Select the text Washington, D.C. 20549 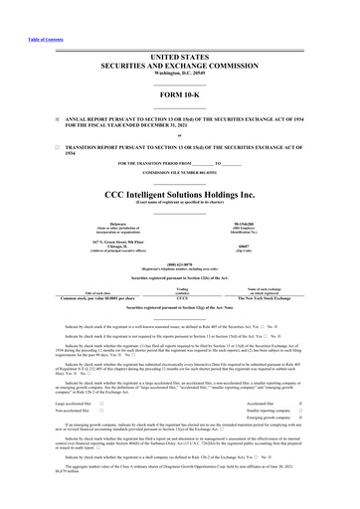180,57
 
